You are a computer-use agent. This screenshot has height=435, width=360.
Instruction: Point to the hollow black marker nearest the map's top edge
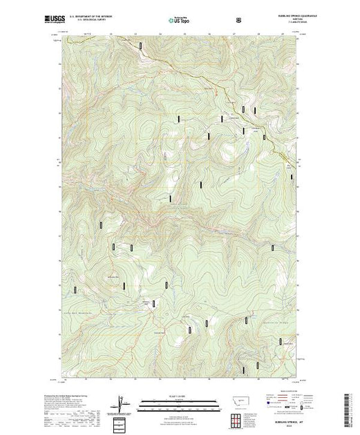coord(142,45)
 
